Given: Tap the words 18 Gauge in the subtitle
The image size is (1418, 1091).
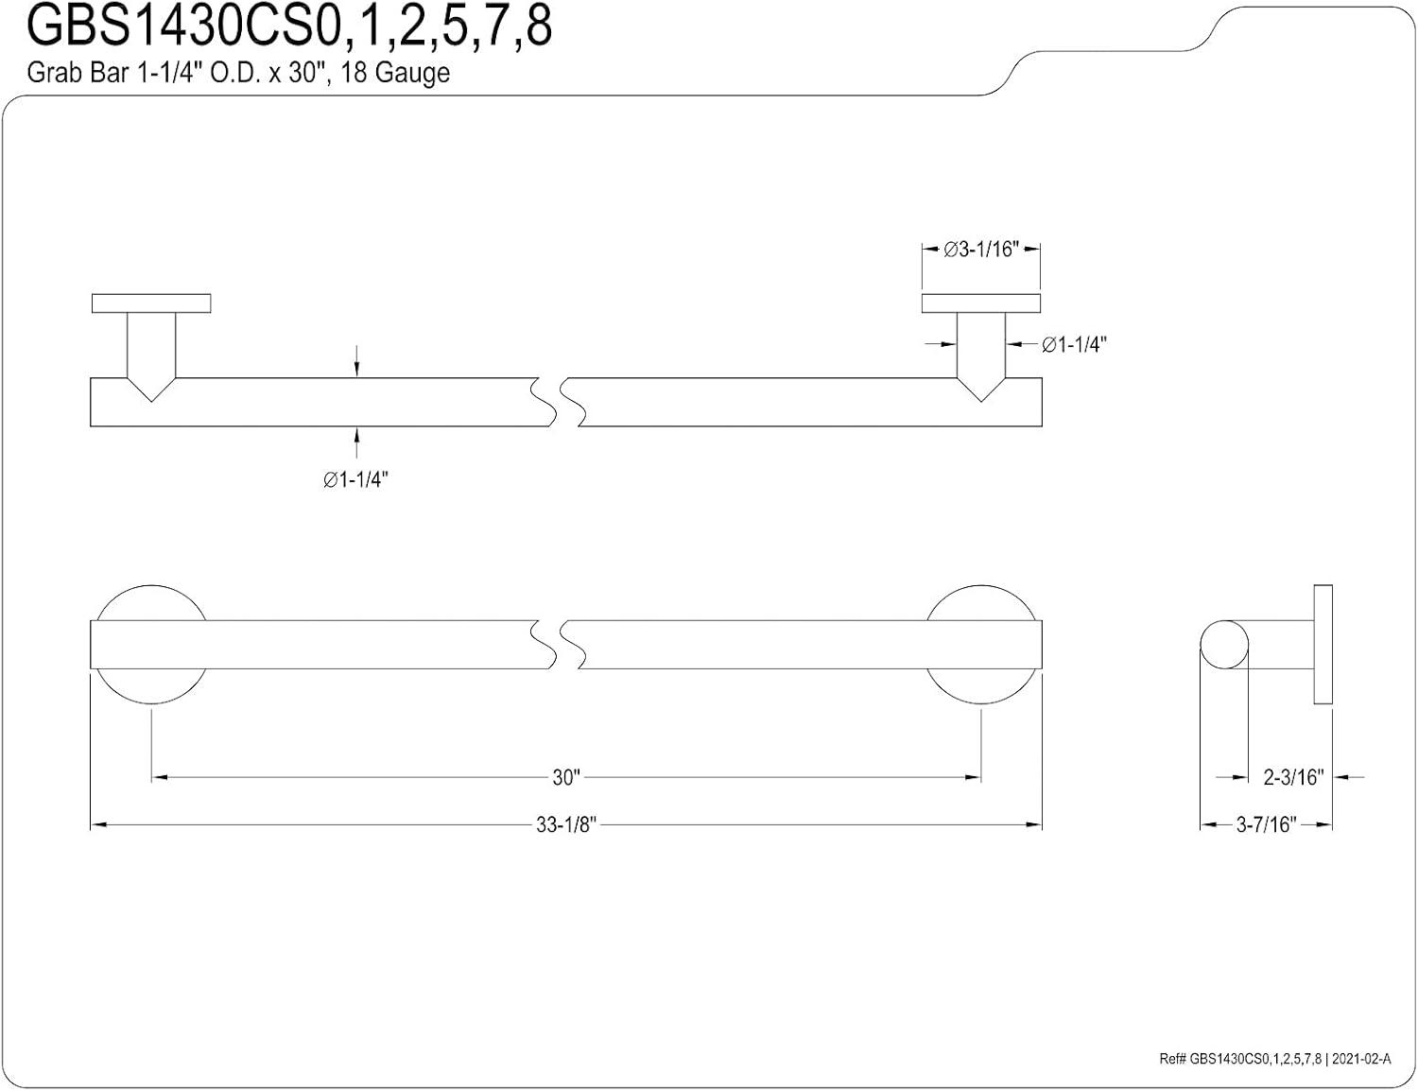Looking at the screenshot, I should pos(395,73).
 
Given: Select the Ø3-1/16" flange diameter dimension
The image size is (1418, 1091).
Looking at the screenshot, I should pos(980,250).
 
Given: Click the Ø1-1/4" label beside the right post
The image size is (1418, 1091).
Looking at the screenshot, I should pos(1074,345).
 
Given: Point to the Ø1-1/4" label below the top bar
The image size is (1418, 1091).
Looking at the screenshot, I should pos(355,480).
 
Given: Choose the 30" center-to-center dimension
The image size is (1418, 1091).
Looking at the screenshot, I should pos(565,777).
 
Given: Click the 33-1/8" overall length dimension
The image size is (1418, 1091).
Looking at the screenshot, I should pos(565,825).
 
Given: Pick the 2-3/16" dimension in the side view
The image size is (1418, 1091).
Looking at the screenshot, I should pos(1293,777).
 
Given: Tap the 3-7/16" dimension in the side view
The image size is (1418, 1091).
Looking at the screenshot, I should pos(1266,825).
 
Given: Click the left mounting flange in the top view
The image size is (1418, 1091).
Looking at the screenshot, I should pos(151,303).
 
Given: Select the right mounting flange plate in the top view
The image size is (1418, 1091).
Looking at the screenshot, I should pos(980,303).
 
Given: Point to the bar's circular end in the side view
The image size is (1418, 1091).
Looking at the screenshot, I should pos(1224,645).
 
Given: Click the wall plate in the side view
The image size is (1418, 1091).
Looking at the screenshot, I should pos(1323,645).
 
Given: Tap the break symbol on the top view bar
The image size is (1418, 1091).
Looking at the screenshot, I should pos(565,402).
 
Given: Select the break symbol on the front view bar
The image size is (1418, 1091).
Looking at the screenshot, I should pos(565,645).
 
